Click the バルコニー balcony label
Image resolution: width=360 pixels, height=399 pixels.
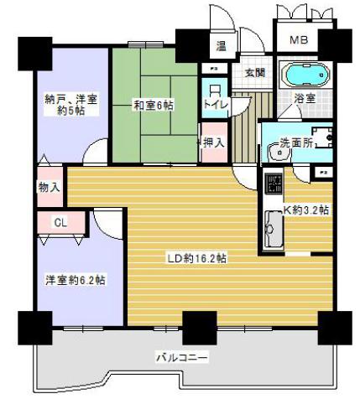(x=180, y=357)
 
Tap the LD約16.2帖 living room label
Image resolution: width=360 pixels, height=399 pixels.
(x=195, y=257)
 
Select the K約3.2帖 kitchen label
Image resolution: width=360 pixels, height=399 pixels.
(x=306, y=209)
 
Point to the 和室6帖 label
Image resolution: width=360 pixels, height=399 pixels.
(x=153, y=105)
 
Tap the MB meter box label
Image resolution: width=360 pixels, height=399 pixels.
(x=298, y=40)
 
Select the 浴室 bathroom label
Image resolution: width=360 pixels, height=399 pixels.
(x=328, y=98)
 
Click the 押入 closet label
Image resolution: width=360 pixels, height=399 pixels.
(x=213, y=143)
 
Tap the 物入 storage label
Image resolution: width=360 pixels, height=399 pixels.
(x=50, y=187)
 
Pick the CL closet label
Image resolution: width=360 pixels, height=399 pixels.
(x=60, y=222)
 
